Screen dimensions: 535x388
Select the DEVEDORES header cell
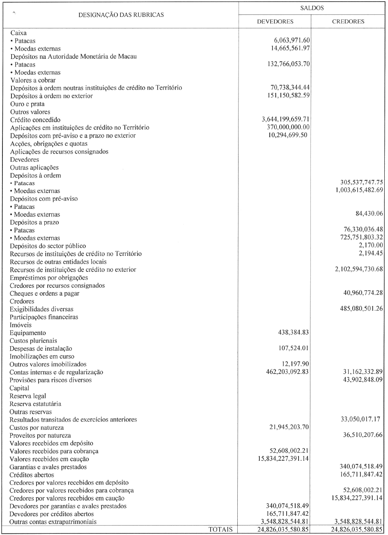pos(275,22)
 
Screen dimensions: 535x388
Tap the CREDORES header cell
pos(348,22)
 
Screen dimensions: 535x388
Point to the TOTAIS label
pos(221,530)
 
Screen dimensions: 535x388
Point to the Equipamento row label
pos(28,333)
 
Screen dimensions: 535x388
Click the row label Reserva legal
pos(28,396)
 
